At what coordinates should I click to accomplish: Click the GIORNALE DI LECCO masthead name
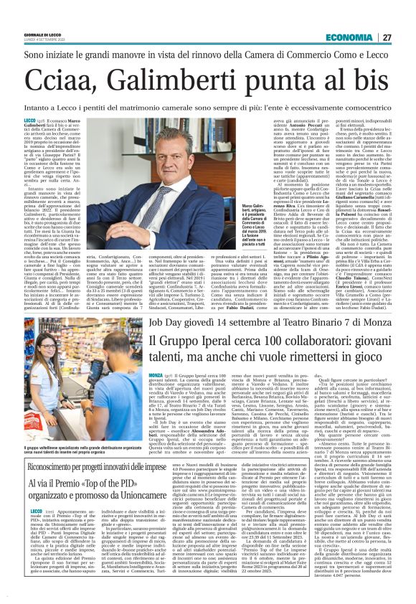pos(42,36)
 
